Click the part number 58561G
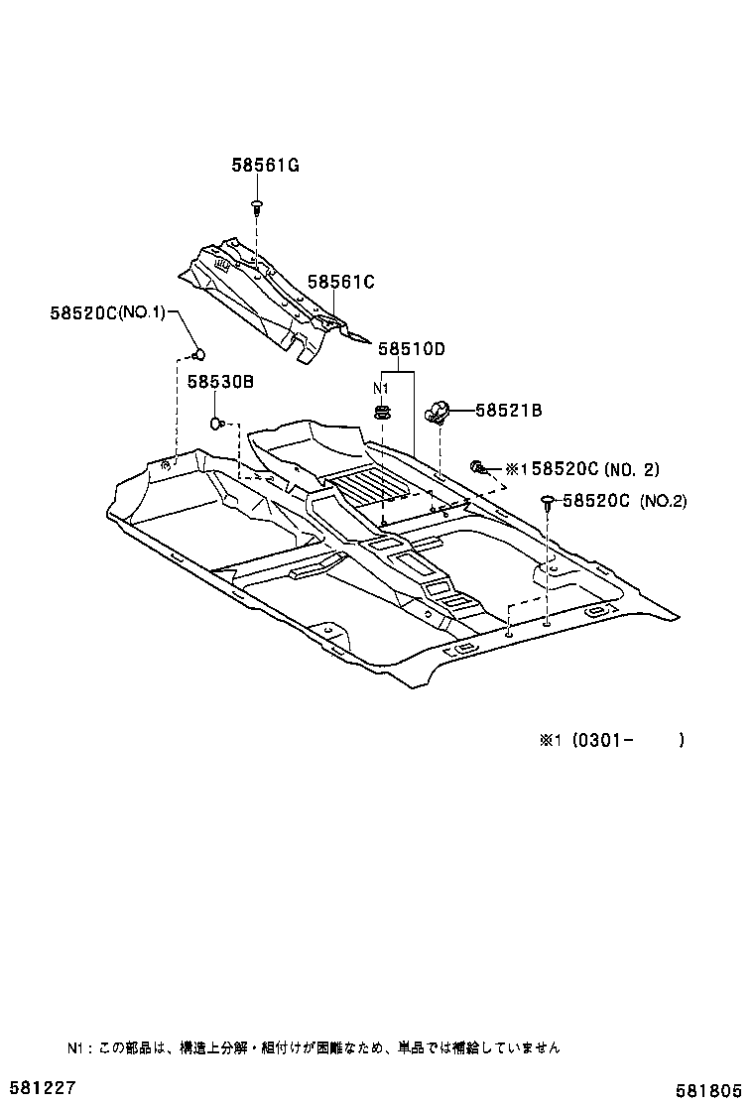[259, 166]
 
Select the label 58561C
[340, 283]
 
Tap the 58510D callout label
[411, 349]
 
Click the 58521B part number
[508, 411]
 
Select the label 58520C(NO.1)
[108, 313]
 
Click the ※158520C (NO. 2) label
[582, 470]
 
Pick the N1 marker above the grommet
[380, 387]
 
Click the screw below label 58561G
[257, 207]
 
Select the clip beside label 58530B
[216, 425]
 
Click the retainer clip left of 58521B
[438, 410]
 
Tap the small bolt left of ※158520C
[477, 466]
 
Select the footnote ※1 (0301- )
[612, 740]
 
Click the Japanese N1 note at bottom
[314, 1047]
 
